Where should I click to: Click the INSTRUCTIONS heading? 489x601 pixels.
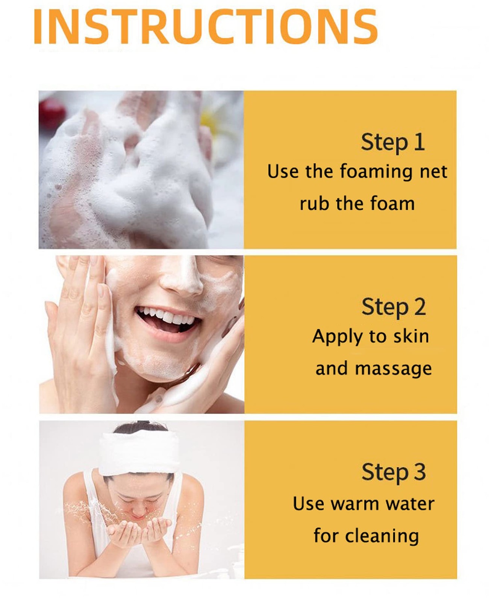click(x=206, y=27)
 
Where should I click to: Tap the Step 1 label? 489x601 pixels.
click(x=393, y=143)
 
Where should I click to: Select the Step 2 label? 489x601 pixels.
click(x=394, y=307)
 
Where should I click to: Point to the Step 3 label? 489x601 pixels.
click(x=394, y=472)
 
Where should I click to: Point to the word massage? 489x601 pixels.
click(x=393, y=369)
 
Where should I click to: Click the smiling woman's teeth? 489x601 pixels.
click(x=167, y=316)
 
